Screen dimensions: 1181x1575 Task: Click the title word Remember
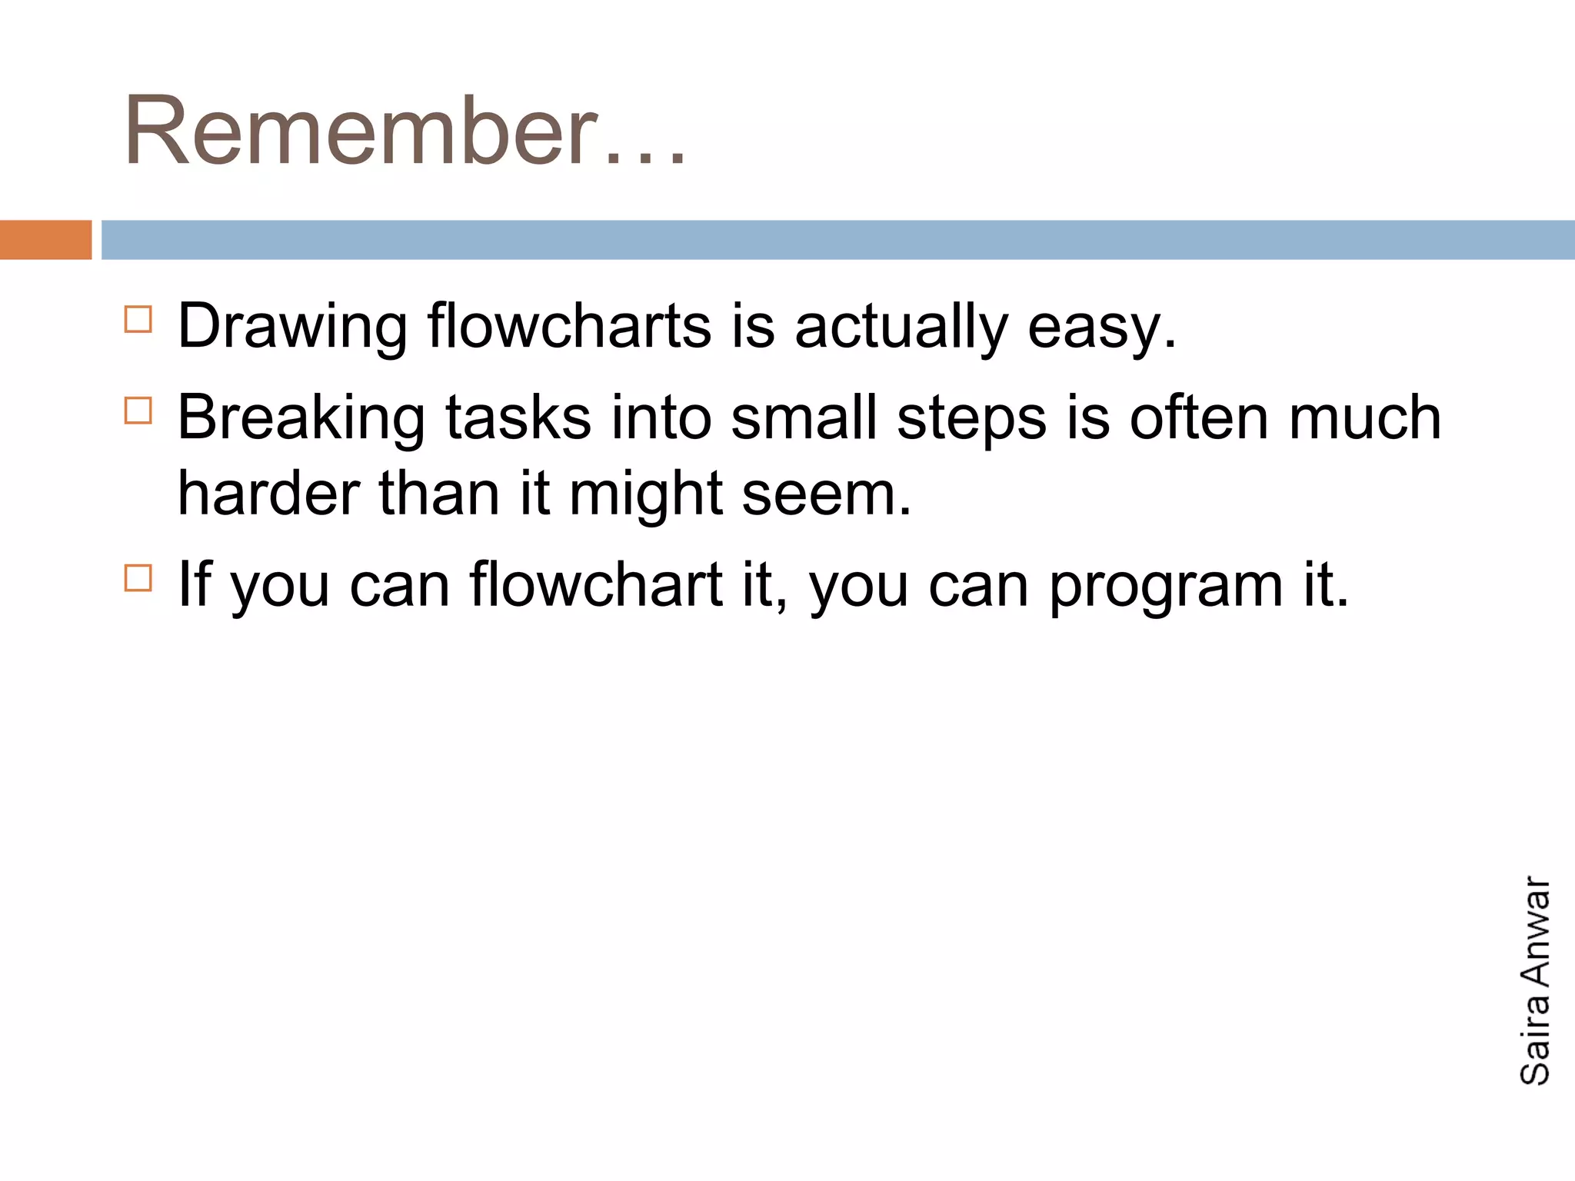click(x=361, y=131)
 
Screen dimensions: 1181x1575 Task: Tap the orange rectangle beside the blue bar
click(x=45, y=240)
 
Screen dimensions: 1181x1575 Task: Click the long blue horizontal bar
click(x=837, y=240)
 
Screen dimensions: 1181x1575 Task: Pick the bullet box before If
click(x=138, y=577)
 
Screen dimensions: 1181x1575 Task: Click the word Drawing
click(x=292, y=327)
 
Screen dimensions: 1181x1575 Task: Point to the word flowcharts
click(x=569, y=327)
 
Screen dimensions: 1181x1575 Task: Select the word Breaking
click(x=301, y=418)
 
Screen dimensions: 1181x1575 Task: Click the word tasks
click(x=518, y=418)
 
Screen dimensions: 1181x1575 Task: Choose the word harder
click(x=268, y=494)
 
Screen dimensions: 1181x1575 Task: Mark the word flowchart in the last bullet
click(x=596, y=585)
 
